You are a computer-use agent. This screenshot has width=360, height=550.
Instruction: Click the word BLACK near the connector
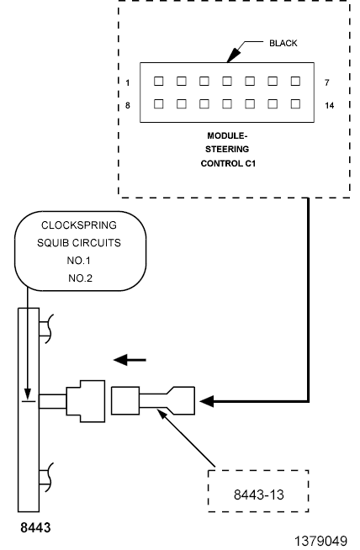[283, 43]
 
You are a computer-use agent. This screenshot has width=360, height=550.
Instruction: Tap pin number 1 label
[128, 82]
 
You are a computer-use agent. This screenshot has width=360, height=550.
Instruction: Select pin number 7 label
[327, 82]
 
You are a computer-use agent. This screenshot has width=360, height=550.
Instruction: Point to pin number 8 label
[128, 105]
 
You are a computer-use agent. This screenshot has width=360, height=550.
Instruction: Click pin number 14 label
[330, 105]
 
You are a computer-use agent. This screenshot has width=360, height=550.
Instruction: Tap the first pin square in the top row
[159, 82]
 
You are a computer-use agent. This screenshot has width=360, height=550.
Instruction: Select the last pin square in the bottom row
[295, 103]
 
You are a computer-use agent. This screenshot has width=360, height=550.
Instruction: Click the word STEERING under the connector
[227, 150]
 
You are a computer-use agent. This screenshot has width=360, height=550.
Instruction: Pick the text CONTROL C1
[228, 163]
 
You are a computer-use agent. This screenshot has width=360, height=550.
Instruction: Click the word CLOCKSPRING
[79, 225]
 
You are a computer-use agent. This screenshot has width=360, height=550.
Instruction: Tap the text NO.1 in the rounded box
[78, 261]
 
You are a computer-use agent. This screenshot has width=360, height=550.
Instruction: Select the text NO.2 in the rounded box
[80, 278]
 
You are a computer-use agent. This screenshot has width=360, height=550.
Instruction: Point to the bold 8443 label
[35, 527]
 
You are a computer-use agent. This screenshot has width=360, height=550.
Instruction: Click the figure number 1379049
[320, 542]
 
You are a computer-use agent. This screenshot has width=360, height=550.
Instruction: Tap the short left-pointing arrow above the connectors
[130, 360]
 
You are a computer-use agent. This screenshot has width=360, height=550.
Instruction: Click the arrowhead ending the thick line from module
[207, 401]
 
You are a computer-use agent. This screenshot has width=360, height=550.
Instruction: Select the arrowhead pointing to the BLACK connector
[233, 55]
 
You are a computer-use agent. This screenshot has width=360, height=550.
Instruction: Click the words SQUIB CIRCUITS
[79, 243]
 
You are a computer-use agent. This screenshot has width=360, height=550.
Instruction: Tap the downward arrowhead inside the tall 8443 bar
[28, 394]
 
